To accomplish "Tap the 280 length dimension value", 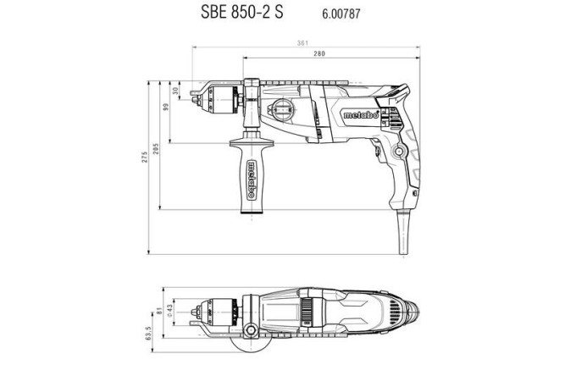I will (319, 53).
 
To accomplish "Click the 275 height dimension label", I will (145, 166).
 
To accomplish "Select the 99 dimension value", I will (167, 108).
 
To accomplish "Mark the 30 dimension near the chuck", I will (175, 91).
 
